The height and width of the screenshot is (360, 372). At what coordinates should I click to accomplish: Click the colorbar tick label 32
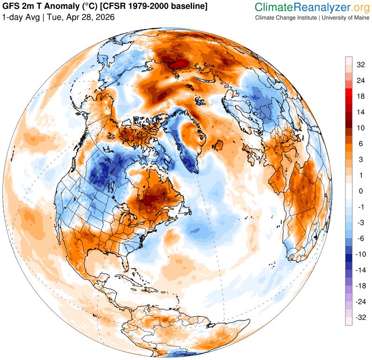(360, 65)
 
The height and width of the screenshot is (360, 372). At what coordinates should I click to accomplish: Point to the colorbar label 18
(360, 96)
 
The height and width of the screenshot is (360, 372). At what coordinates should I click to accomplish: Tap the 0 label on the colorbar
(360, 191)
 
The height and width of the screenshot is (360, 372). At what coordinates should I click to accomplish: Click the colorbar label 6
(360, 144)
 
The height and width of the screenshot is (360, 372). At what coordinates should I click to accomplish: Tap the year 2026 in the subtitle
(105, 17)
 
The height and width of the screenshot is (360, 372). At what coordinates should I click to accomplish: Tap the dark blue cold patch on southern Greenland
(188, 160)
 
